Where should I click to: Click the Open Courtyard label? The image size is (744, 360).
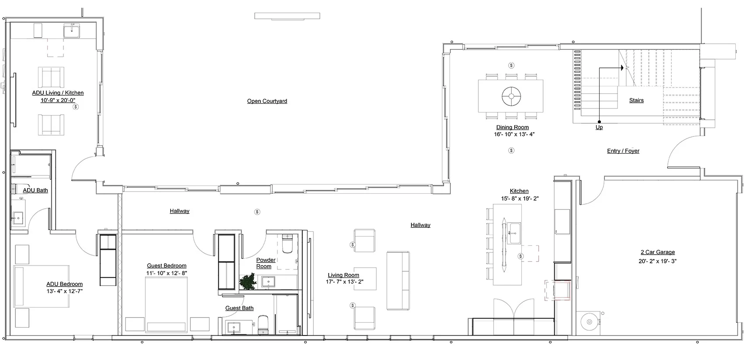coord(267,101)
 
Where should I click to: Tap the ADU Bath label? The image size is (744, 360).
coord(35,190)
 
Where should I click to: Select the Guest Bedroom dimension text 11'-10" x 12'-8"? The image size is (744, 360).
coord(167,273)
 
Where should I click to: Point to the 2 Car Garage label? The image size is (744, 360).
coord(658,252)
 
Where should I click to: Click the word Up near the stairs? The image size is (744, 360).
coord(599,127)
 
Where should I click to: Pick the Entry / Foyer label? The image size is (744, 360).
coord(623,151)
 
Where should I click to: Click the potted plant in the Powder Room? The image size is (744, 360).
coord(248,282)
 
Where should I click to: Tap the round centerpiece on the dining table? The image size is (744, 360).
coord(512,96)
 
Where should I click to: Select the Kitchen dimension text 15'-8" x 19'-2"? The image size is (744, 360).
coord(520,199)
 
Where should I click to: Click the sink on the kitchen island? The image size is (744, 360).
coord(514,233)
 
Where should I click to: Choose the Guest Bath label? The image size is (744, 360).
coord(239,308)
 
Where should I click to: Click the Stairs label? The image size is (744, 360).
coord(636,100)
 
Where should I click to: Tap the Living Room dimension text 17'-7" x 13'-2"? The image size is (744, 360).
coord(344,282)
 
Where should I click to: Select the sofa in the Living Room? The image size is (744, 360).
coord(398,281)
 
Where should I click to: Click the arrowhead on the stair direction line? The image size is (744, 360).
coord(621,68)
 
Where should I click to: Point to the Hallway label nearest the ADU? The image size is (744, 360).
coord(179,211)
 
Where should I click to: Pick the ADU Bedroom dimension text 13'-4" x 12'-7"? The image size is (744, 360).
coord(64,291)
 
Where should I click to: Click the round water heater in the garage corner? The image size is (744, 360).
coord(589,322)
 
